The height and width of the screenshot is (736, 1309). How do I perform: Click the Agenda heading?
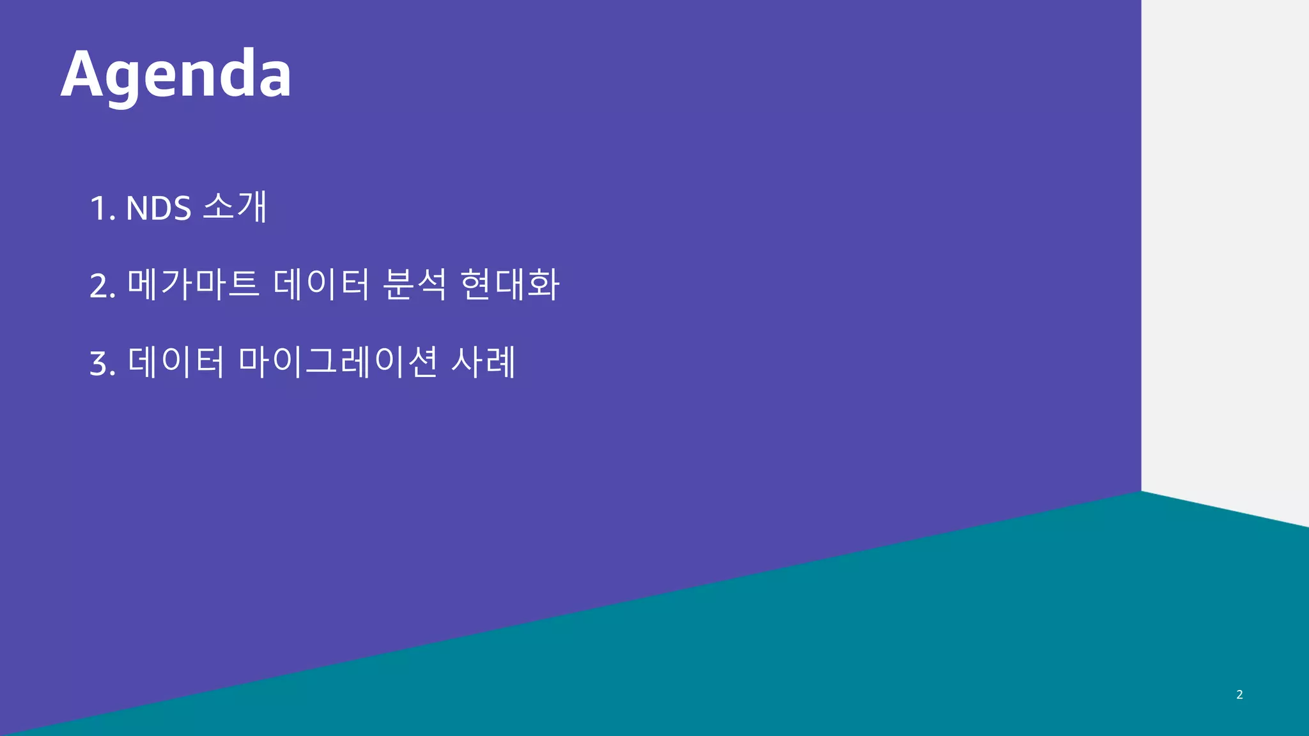click(176, 75)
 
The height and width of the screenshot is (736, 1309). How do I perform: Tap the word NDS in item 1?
click(159, 208)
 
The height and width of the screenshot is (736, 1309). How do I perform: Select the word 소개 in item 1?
click(235, 206)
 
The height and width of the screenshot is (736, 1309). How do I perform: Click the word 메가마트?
click(193, 284)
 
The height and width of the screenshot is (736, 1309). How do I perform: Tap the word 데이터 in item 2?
click(321, 284)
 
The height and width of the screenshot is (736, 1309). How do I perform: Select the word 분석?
click(414, 284)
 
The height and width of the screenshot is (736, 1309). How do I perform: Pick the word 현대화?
click(509, 284)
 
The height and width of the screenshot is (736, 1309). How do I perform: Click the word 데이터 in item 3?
click(176, 362)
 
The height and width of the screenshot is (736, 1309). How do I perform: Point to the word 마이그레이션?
click(337, 362)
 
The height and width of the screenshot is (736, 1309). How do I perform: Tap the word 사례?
click(483, 362)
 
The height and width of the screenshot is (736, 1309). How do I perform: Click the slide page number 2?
click(1239, 694)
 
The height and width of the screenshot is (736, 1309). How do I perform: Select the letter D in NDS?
click(159, 208)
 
